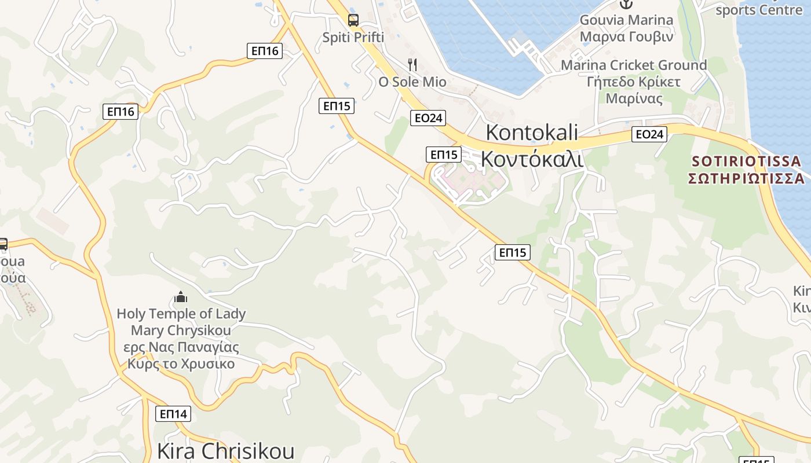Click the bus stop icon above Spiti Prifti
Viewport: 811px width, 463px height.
coord(353,20)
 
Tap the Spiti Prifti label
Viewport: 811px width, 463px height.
coord(353,38)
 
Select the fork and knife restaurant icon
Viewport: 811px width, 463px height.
coord(412,64)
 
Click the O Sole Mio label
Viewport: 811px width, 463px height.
coord(412,82)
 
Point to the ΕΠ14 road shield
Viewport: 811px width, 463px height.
coord(173,414)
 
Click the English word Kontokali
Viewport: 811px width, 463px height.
coord(532,132)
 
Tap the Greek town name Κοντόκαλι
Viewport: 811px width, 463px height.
coord(532,158)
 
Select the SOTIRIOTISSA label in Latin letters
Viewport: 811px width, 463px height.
coord(748,160)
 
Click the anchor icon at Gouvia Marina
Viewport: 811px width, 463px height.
coord(626,5)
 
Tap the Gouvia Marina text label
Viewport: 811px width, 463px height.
coord(627,20)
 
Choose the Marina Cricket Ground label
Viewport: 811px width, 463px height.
coord(634,65)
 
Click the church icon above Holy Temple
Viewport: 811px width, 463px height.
coord(181,297)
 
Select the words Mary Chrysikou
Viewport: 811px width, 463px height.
coord(181,331)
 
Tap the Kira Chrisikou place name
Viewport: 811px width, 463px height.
coord(225,451)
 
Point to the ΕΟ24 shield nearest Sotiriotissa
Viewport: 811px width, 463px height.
coord(649,134)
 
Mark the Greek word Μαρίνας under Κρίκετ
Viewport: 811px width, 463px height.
coord(634,98)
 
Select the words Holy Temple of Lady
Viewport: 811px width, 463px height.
coord(181,314)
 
